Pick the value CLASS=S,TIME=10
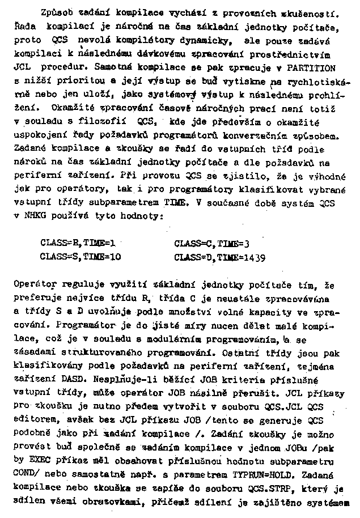[x=81, y=256]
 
